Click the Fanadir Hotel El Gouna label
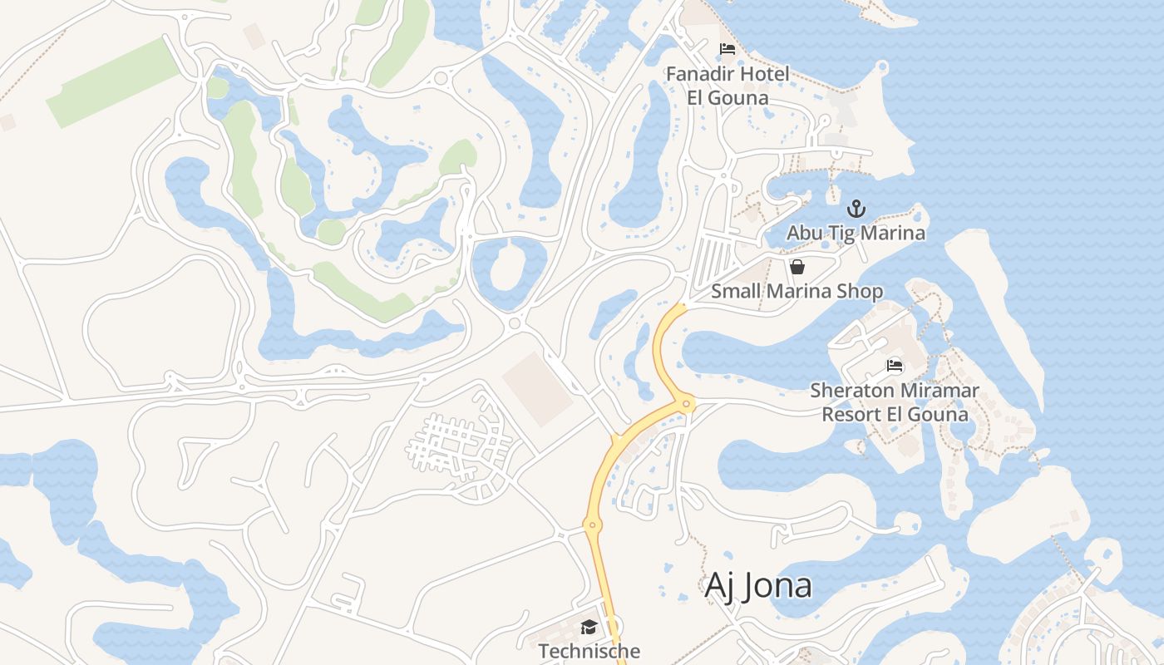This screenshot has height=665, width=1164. (727, 86)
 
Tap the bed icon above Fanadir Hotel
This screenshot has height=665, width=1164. (727, 49)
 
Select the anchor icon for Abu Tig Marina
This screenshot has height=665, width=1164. (856, 209)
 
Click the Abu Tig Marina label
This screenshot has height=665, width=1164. (856, 233)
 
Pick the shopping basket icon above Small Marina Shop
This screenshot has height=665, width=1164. (797, 267)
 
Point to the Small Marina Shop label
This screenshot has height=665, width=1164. (797, 291)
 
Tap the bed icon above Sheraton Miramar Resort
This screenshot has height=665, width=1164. (895, 365)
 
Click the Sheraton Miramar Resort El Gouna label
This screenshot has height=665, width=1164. (895, 401)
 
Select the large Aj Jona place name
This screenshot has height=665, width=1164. (757, 585)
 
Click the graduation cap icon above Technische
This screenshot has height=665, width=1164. (589, 627)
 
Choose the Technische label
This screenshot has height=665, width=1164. (589, 650)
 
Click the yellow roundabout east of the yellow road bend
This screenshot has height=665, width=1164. (686, 404)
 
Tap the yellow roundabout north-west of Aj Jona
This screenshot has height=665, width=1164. (592, 525)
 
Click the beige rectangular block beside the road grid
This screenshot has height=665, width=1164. (537, 388)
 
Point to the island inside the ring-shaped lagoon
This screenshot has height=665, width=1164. (510, 269)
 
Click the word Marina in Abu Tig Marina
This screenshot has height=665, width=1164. (892, 233)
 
